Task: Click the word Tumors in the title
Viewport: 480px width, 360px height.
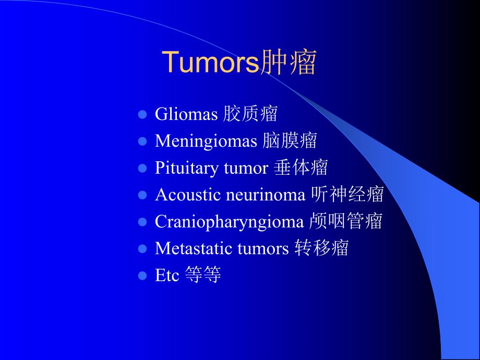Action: click(x=211, y=63)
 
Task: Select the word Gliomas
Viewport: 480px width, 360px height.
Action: click(x=186, y=114)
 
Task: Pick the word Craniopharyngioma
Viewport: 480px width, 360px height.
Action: click(x=229, y=222)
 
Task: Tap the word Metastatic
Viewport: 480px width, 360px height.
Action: click(x=194, y=249)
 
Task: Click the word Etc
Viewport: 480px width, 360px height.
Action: click(x=166, y=275)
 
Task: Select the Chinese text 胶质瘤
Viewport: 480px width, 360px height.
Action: click(x=250, y=114)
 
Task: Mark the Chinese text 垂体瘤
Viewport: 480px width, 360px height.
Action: click(x=301, y=168)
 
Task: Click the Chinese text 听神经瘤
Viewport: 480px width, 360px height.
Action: click(x=347, y=195)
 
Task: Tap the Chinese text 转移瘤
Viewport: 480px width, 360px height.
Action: click(x=321, y=248)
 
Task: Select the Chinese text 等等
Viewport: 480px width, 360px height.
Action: click(x=203, y=275)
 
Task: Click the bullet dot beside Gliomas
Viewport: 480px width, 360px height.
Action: click(x=142, y=114)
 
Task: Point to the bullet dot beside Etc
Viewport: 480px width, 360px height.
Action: click(x=142, y=275)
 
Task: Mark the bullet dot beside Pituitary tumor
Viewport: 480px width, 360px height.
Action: click(x=142, y=169)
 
